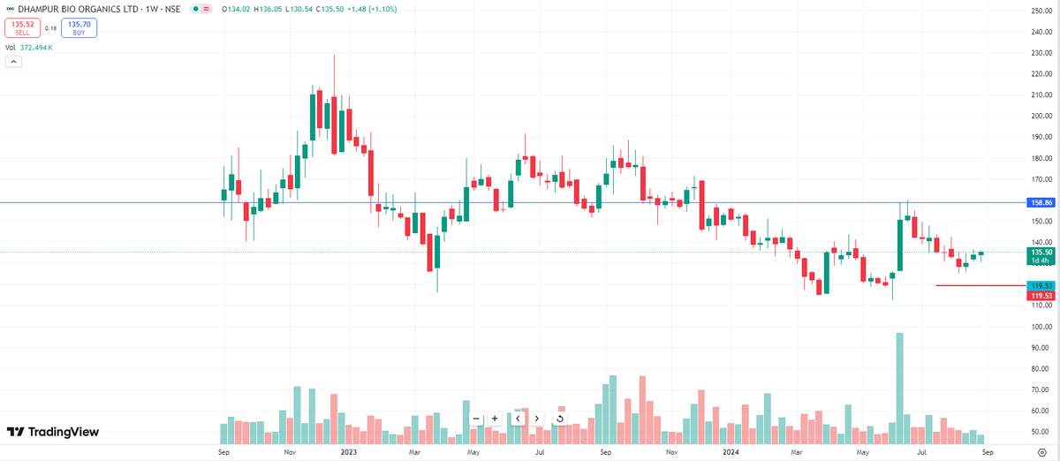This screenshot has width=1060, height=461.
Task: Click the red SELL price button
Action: click(x=22, y=27)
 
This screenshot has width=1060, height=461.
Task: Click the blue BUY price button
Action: click(x=79, y=27)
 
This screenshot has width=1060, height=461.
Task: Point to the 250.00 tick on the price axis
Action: click(x=1040, y=11)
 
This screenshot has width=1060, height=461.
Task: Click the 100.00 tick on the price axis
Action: click(x=1040, y=327)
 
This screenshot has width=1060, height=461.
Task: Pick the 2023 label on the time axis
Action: click(x=349, y=451)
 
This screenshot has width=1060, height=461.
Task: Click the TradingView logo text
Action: click(x=53, y=432)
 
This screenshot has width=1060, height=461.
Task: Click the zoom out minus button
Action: click(x=476, y=419)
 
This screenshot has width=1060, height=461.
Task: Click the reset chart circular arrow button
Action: click(x=560, y=419)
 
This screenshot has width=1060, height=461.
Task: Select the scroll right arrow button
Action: click(x=537, y=419)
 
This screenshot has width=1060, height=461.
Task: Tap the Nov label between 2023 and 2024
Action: click(x=671, y=451)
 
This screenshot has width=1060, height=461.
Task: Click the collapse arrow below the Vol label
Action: click(x=13, y=62)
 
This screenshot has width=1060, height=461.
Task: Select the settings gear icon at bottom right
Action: click(x=1042, y=451)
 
